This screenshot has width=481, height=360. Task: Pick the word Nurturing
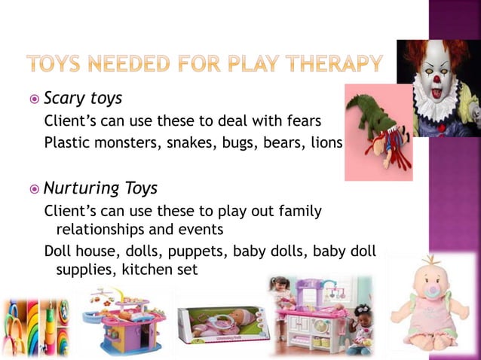coord(79,188)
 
